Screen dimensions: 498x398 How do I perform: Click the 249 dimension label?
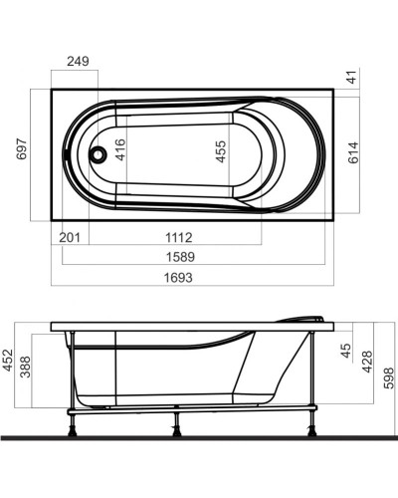coord(78,62)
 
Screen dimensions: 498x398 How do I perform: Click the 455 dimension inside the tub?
coord(221,151)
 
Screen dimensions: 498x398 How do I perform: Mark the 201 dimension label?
coord(69,237)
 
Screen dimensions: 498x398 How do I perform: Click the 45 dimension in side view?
coord(345,351)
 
